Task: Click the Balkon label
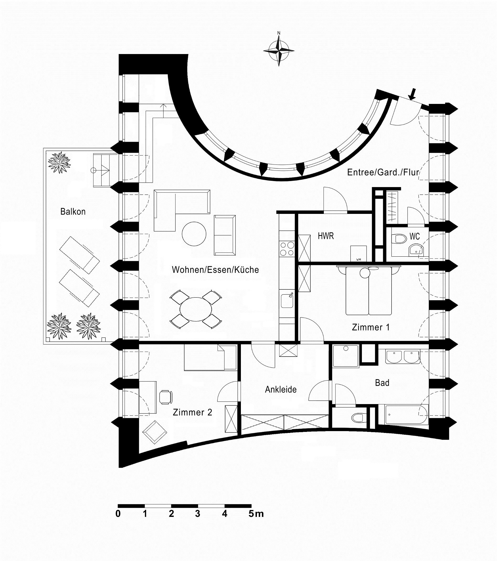[73, 211]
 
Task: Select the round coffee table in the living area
[194, 234]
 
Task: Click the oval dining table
[196, 309]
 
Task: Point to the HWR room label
[326, 236]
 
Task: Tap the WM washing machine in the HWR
[358, 253]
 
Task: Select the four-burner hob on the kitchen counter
[287, 249]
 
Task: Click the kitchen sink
[287, 300]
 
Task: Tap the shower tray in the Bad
[346, 356]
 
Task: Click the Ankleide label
[281, 389]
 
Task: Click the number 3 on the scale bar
[198, 514]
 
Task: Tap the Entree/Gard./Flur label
[383, 172]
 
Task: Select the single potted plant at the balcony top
[60, 162]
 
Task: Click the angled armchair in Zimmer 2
[155, 432]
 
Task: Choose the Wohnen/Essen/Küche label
[215, 270]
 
